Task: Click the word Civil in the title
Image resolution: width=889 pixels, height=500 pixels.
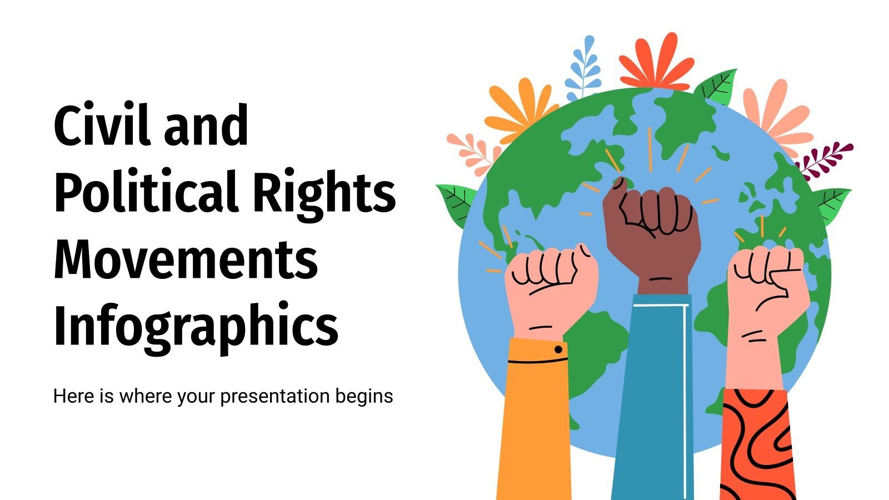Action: click(x=102, y=124)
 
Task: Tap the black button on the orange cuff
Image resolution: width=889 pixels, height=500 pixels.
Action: click(x=558, y=349)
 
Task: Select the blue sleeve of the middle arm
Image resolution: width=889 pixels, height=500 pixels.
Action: click(x=653, y=397)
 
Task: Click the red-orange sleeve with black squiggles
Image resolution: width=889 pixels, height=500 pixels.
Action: click(x=757, y=444)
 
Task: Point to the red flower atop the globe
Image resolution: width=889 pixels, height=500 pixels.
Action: click(x=657, y=63)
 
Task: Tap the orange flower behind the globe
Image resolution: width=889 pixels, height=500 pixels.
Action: click(x=520, y=109)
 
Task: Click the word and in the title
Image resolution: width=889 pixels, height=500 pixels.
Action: click(x=206, y=124)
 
